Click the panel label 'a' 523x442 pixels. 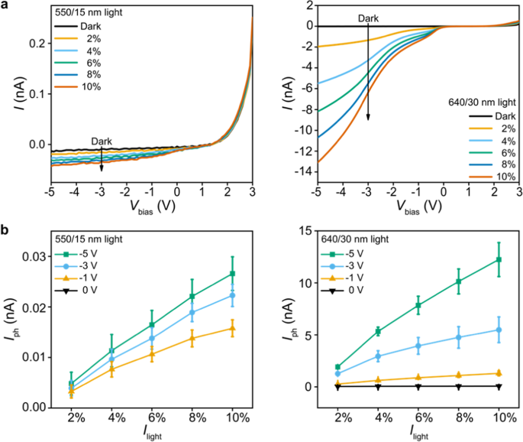pos(5,5)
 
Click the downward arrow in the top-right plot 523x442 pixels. pos(368,76)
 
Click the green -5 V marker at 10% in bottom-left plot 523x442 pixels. pos(232,274)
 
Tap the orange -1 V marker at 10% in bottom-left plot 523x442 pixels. pos(232,329)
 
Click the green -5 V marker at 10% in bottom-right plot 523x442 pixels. pos(499,260)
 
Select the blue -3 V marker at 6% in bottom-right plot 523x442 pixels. pos(418,346)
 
